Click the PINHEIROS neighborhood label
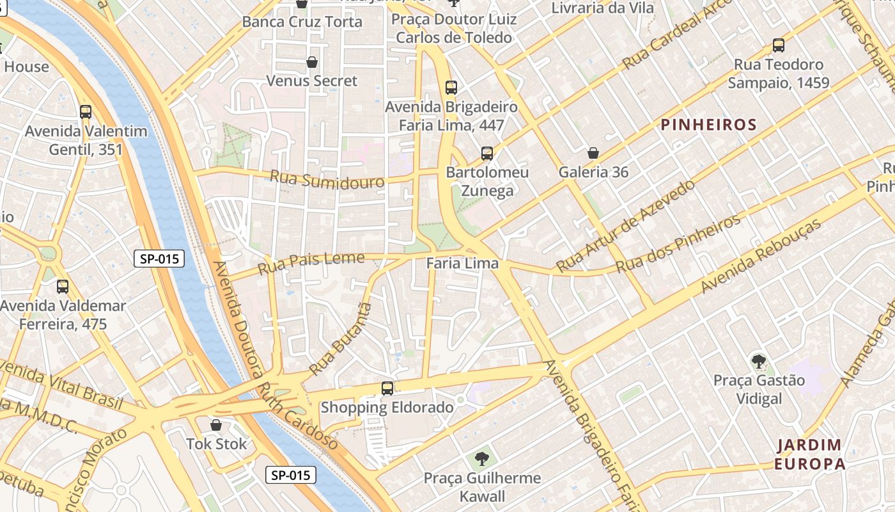click(x=708, y=125)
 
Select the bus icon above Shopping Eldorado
click(x=387, y=388)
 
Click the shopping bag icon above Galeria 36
click(x=593, y=153)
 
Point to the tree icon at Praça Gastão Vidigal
click(x=759, y=362)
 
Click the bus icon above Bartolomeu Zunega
click(x=487, y=154)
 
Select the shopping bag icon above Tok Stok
click(x=216, y=425)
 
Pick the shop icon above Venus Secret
click(x=312, y=62)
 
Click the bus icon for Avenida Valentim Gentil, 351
click(x=86, y=112)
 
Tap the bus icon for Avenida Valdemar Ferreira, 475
click(x=63, y=287)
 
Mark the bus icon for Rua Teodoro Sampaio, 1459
click(x=779, y=45)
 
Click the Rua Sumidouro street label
click(x=327, y=179)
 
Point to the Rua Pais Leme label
click(x=311, y=263)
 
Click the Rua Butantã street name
click(x=340, y=339)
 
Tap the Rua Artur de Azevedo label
click(x=625, y=227)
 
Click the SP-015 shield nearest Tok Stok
click(x=291, y=475)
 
